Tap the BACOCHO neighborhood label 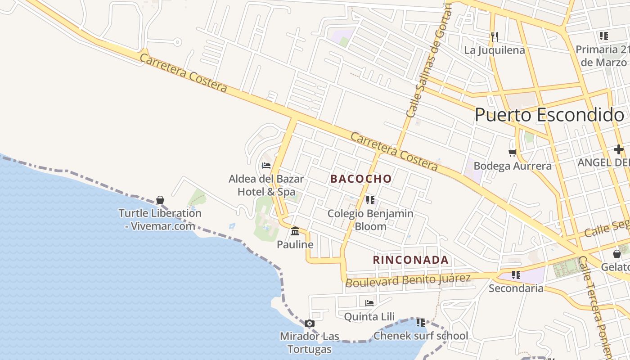point(361,179)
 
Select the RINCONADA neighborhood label point(410,260)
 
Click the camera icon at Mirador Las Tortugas point(309,323)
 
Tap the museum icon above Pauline point(295,231)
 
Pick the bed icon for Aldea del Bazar point(266,166)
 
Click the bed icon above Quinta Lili point(369,303)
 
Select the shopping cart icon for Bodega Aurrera point(512,153)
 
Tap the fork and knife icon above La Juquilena point(494,36)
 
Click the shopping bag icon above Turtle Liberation point(160,200)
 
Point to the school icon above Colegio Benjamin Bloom point(370,200)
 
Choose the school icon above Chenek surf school point(421,323)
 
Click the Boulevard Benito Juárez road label point(408,280)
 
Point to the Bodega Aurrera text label point(513,166)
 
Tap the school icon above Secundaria point(516,274)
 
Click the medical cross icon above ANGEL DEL point(619,149)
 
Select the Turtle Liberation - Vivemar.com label point(160,219)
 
